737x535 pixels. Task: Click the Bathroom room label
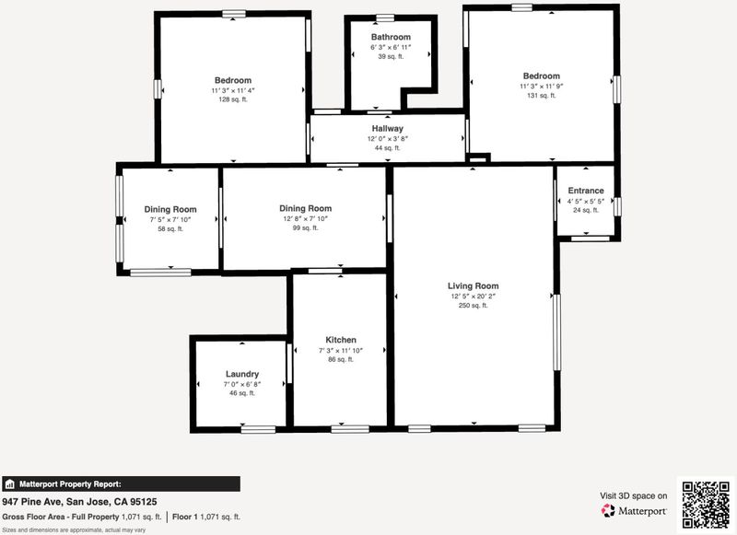pyautogui.click(x=391, y=37)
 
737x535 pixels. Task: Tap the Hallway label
pyautogui.click(x=387, y=128)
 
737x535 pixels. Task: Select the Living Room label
pyautogui.click(x=473, y=286)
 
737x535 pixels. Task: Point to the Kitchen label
pyautogui.click(x=341, y=340)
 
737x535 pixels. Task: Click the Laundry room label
pyautogui.click(x=242, y=375)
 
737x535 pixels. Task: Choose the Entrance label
pyautogui.click(x=586, y=191)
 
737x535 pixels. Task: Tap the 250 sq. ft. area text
pyautogui.click(x=473, y=306)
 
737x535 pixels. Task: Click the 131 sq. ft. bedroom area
pyautogui.click(x=541, y=96)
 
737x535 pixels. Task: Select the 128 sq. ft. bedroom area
pyautogui.click(x=233, y=99)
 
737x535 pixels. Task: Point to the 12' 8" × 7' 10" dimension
pyautogui.click(x=305, y=219)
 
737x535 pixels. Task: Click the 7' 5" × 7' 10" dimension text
pyautogui.click(x=170, y=220)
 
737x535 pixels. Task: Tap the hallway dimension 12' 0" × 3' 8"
pyautogui.click(x=387, y=139)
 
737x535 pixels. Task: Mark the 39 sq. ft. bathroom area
pyautogui.click(x=391, y=56)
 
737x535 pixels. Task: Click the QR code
pyautogui.click(x=706, y=505)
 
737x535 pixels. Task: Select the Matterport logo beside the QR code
pyautogui.click(x=634, y=510)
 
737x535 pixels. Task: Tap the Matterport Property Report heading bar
pyautogui.click(x=121, y=483)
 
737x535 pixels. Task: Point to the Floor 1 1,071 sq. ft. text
pyautogui.click(x=205, y=517)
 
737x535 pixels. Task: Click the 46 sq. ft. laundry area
pyautogui.click(x=242, y=393)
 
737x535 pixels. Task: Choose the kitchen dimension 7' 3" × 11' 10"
pyautogui.click(x=341, y=351)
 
